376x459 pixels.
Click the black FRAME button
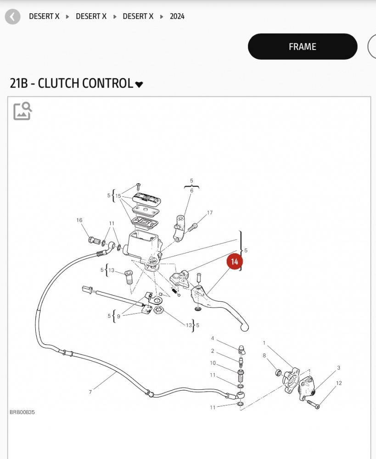(x=302, y=47)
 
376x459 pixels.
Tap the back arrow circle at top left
(x=12, y=17)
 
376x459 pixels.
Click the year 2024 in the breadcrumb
(x=177, y=17)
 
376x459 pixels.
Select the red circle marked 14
(x=235, y=262)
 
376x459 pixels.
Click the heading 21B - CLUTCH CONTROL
(x=71, y=84)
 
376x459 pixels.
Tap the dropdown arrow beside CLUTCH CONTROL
(x=139, y=84)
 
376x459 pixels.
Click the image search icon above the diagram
(x=22, y=111)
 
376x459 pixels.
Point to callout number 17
(x=210, y=213)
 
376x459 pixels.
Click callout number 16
(x=79, y=220)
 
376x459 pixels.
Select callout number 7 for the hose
(x=90, y=392)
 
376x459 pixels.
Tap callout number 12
(x=339, y=383)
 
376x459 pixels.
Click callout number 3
(x=338, y=368)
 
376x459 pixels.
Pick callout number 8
(x=264, y=355)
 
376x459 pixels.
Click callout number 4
(x=213, y=338)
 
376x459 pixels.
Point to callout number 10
(x=213, y=363)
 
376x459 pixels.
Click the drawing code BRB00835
(x=22, y=412)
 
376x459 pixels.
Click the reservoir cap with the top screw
(x=146, y=198)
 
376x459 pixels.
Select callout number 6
(x=191, y=190)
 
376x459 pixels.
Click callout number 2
(x=213, y=351)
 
